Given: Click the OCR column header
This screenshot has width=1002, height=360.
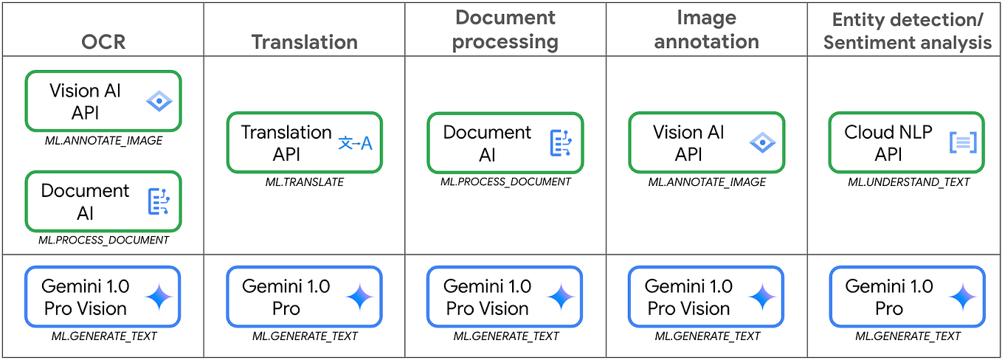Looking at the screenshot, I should click(x=103, y=41).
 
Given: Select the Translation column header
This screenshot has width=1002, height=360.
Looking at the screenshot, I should click(x=304, y=41).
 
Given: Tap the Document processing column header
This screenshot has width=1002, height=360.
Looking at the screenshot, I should click(x=505, y=30).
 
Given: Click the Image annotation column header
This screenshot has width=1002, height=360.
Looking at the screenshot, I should click(x=706, y=30).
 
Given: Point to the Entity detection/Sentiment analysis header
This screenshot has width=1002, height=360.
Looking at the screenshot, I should click(x=907, y=30).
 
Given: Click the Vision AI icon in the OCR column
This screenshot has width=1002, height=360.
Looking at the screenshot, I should click(x=159, y=101).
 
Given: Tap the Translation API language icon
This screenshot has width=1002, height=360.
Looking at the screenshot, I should click(x=356, y=143).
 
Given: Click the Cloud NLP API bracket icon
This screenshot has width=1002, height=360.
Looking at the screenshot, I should click(x=963, y=143).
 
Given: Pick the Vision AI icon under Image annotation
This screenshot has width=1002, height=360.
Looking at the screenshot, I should click(x=762, y=143).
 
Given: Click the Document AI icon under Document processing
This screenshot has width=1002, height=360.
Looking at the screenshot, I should click(x=561, y=143).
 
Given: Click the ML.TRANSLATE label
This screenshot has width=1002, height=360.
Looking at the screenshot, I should click(x=304, y=182).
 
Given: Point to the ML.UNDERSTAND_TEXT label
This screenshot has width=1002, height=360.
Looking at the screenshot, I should click(x=908, y=182).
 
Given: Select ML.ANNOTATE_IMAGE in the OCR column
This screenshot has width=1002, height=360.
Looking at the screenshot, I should click(x=103, y=140).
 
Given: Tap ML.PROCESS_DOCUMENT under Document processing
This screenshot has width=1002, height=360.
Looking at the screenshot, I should click(x=505, y=182).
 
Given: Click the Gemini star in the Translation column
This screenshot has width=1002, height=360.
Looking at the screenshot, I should click(x=360, y=297).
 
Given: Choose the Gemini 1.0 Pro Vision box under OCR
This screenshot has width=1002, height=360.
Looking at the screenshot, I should click(x=103, y=297).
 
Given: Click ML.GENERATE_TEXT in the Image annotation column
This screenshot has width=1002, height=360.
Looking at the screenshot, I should click(x=707, y=336).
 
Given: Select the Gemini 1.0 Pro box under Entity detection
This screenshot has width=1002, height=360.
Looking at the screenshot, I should click(x=908, y=297).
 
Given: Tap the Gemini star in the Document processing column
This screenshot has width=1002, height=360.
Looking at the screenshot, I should click(x=561, y=297).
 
